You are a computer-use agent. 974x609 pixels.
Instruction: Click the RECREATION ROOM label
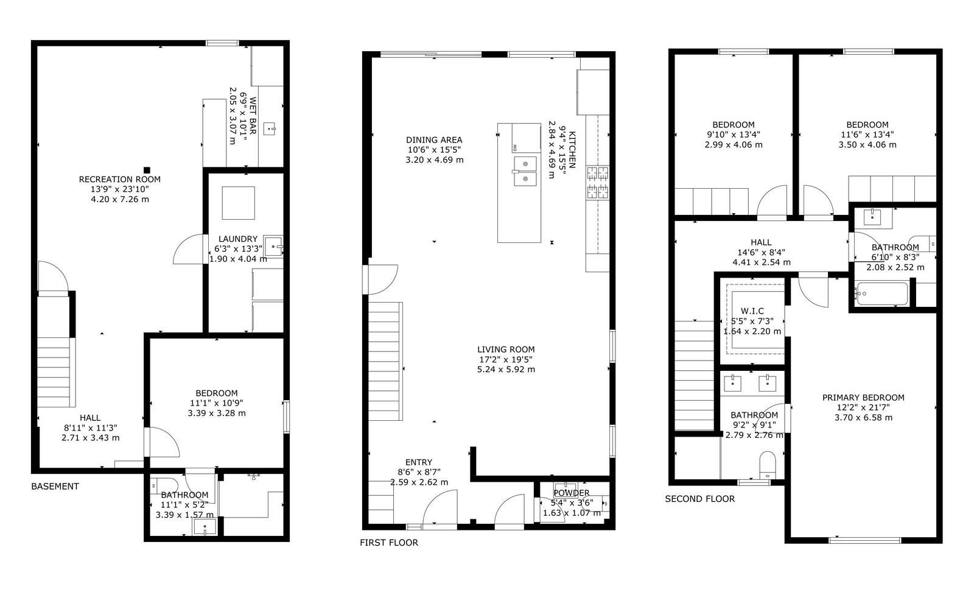click(119, 179)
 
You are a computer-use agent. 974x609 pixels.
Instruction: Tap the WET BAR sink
click(270, 128)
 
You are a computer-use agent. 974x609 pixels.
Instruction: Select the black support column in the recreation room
click(147, 170)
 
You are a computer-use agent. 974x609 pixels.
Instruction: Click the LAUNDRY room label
click(238, 239)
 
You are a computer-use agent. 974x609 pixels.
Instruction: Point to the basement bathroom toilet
click(164, 485)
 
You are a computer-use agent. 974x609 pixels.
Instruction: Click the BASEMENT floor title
click(55, 487)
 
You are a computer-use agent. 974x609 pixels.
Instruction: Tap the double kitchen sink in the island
click(525, 171)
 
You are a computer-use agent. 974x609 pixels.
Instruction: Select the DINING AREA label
click(434, 140)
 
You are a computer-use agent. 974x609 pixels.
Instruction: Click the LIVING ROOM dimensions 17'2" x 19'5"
click(506, 359)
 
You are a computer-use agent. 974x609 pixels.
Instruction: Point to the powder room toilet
click(600, 503)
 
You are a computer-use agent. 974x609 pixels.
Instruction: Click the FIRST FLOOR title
click(389, 543)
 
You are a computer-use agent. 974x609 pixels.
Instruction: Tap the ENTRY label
click(419, 462)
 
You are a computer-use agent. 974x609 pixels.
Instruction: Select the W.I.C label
click(752, 311)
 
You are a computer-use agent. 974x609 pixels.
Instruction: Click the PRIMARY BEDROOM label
click(863, 398)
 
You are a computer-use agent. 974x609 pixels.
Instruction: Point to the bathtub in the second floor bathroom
click(881, 294)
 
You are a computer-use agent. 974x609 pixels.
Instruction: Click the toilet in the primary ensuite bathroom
click(768, 465)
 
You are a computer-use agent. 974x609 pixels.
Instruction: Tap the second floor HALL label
click(761, 242)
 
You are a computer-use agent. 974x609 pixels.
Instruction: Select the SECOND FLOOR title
click(700, 499)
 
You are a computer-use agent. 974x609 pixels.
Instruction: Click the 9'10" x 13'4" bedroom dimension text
click(734, 135)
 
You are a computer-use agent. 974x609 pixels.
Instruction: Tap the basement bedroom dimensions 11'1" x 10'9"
click(217, 403)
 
